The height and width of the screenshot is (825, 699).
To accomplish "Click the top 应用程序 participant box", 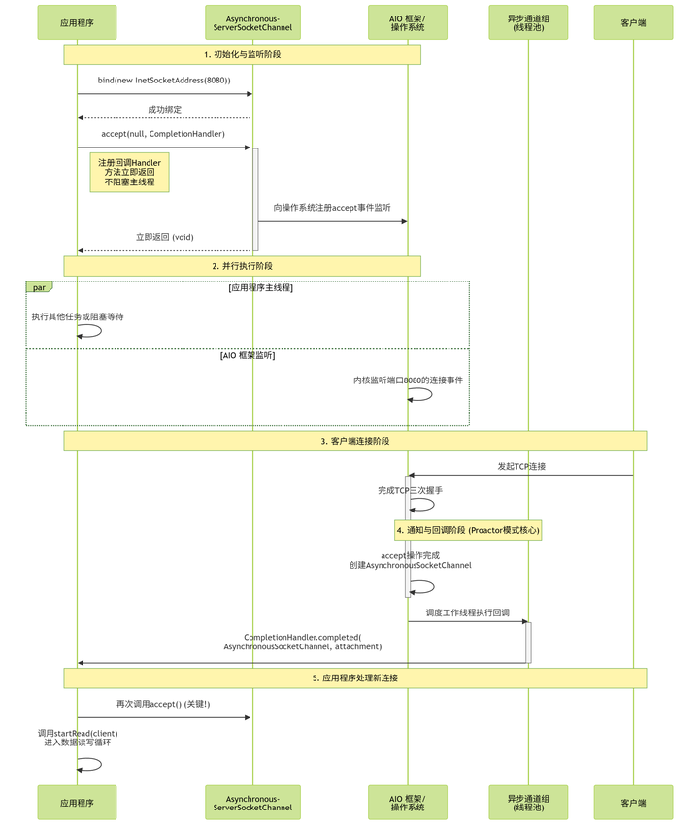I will tap(77, 22).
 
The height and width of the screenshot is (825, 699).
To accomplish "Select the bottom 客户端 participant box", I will tap(633, 803).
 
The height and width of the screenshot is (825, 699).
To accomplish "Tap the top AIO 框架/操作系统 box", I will tap(408, 22).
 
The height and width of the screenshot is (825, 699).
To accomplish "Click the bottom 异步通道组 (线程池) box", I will tap(529, 803).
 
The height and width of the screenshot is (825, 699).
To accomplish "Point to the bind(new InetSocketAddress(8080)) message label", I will tap(164, 80).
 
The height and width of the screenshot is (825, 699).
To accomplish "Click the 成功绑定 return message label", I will tap(164, 109).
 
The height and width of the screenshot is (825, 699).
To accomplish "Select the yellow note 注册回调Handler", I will tap(129, 172).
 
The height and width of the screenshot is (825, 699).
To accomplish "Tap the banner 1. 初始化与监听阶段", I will tap(242, 54).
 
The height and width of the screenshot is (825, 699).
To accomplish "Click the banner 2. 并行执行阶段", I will tap(242, 266).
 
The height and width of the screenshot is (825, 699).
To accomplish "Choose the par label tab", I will tap(39, 287).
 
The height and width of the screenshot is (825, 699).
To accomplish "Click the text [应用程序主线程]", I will tap(261, 288).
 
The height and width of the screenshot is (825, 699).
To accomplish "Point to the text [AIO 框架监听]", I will tap(248, 356).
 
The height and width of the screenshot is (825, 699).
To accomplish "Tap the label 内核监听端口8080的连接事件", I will tap(408, 379).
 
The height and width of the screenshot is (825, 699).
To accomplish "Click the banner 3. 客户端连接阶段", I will tap(354, 441).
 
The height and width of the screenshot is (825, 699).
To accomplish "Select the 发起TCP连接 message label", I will tap(521, 466).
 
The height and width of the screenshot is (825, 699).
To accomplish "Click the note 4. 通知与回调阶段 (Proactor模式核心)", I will tap(468, 530).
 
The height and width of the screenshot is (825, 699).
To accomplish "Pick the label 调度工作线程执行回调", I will tap(468, 612).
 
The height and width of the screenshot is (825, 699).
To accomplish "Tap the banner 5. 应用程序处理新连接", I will tap(354, 677).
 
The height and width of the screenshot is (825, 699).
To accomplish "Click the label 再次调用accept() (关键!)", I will tap(163, 703).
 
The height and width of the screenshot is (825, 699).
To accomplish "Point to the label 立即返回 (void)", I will tap(164, 236).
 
